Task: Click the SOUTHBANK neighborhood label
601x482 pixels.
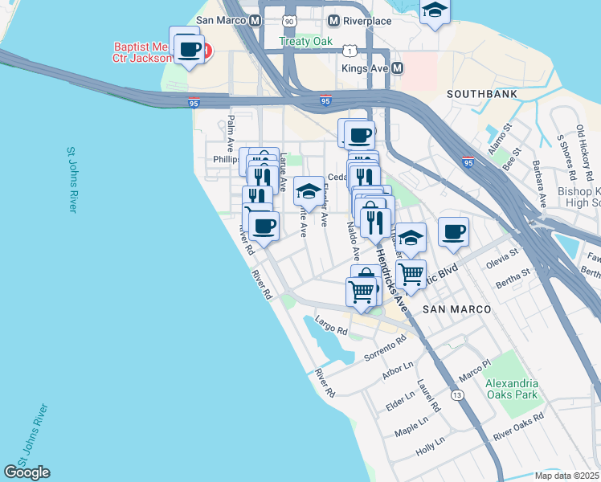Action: point(480,93)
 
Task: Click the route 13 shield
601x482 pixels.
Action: point(457,395)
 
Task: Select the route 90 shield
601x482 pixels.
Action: point(289,19)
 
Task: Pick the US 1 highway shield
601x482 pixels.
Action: point(349,51)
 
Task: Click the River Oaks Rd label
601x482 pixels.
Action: point(518,428)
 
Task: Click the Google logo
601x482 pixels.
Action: point(27,472)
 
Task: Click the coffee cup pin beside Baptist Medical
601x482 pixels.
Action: point(189,50)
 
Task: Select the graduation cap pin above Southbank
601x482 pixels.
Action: point(435,10)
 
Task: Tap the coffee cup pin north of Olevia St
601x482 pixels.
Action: point(453,232)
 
